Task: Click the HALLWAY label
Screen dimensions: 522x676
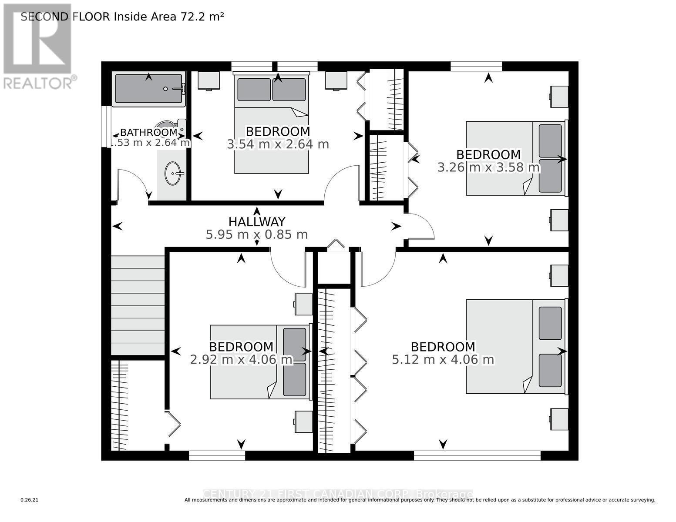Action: pyautogui.click(x=257, y=221)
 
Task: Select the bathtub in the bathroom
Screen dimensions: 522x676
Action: pyautogui.click(x=148, y=89)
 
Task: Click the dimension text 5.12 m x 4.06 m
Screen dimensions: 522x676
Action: pyautogui.click(x=443, y=360)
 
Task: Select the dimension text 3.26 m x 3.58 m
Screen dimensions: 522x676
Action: pyautogui.click(x=488, y=167)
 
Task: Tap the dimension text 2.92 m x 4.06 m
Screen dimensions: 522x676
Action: pyautogui.click(x=241, y=360)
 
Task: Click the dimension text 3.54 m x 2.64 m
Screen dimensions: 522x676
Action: pyautogui.click(x=278, y=144)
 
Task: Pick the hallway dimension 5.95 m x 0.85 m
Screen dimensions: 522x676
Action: pyautogui.click(x=257, y=235)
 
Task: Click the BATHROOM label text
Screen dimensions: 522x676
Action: pyautogui.click(x=148, y=132)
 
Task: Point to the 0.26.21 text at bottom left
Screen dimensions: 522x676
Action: pyautogui.click(x=30, y=500)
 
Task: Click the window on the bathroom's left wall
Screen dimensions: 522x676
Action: pyautogui.click(x=106, y=126)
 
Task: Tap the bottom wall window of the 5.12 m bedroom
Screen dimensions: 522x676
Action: pyautogui.click(x=477, y=455)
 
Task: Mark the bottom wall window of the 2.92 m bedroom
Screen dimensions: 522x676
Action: pyautogui.click(x=217, y=455)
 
